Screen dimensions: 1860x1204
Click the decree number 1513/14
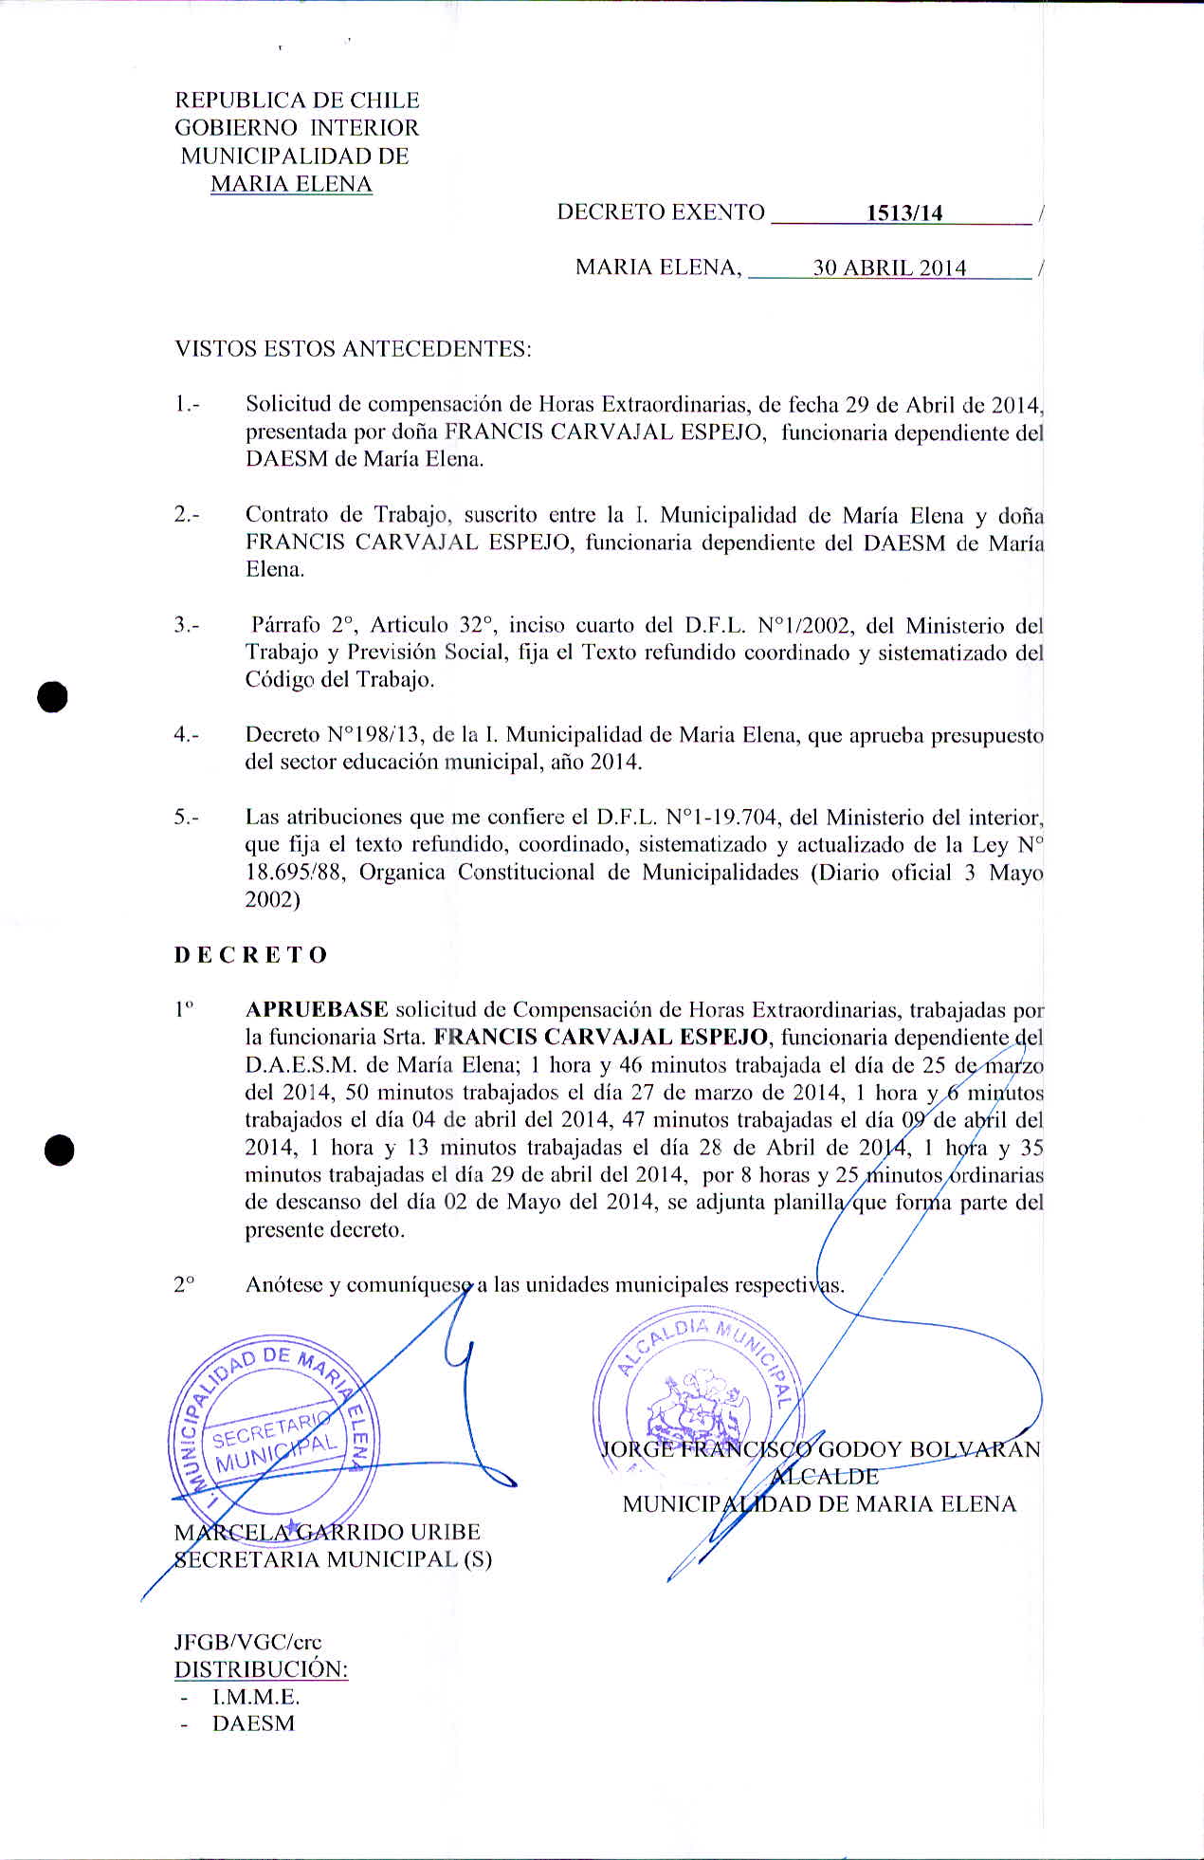[904, 213]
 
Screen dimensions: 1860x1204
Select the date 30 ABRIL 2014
[889, 268]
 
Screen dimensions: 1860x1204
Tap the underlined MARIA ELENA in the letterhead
[291, 184]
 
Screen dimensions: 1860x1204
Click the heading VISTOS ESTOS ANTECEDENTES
[353, 349]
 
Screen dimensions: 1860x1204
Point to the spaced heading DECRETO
[251, 955]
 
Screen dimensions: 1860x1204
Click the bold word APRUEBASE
[317, 1009]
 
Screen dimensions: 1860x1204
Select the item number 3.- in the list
[186, 625]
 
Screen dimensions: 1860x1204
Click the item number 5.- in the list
[186, 817]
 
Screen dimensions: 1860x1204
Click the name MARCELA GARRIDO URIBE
[327, 1532]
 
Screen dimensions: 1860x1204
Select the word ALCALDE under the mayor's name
[826, 1477]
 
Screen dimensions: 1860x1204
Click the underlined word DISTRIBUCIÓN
[261, 1669]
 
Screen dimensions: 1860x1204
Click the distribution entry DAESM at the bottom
[253, 1723]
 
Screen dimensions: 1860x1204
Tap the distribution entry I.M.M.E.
[256, 1697]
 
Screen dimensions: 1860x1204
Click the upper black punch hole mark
[53, 696]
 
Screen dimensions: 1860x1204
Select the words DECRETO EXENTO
[661, 212]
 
